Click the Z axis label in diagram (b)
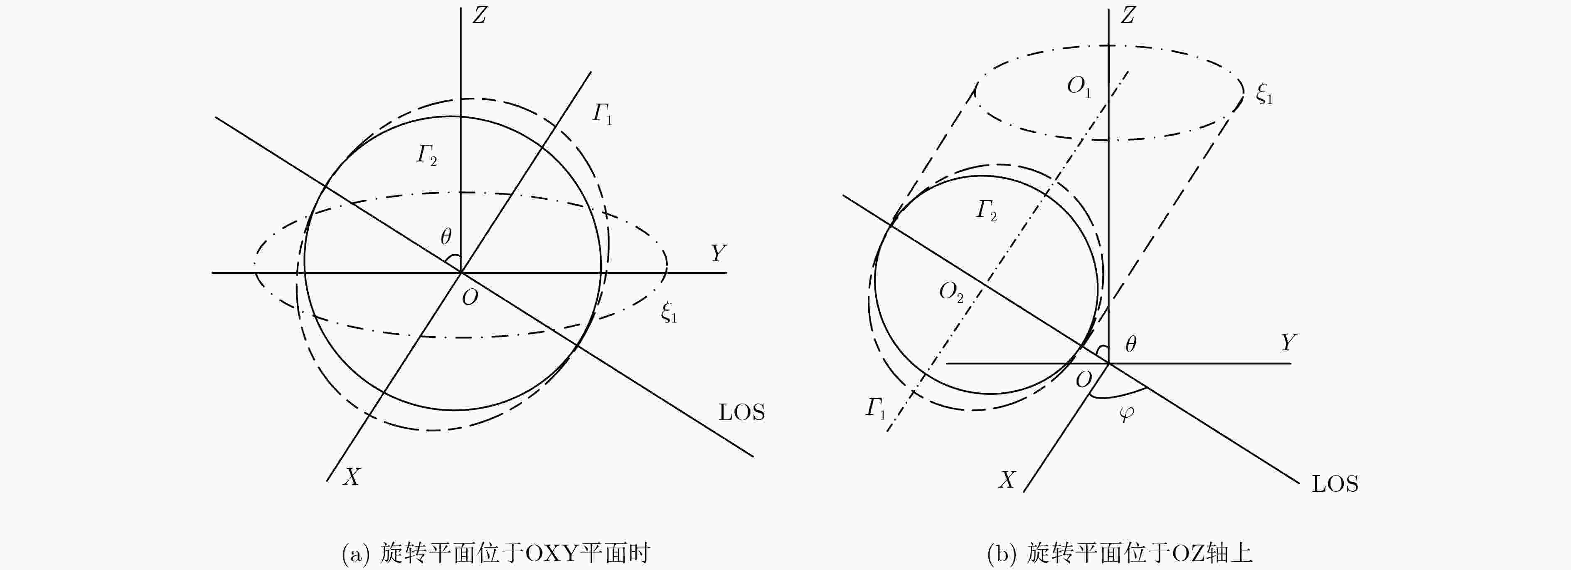click(1128, 15)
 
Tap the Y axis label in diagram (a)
click(719, 253)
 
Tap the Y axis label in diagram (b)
click(1288, 342)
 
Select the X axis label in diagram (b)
click(1007, 480)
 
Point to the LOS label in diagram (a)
click(741, 413)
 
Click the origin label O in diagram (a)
click(470, 298)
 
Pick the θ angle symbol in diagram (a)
click(446, 236)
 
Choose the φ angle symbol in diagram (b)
click(1126, 414)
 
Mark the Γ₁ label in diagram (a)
click(602, 114)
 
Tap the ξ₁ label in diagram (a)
click(669, 312)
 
